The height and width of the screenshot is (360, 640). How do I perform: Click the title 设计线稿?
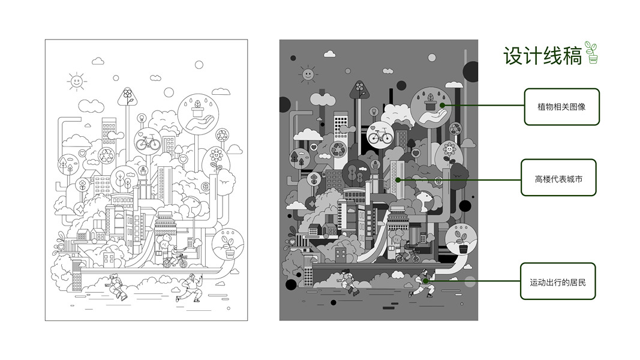point(542,56)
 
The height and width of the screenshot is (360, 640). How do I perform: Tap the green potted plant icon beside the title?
point(591,52)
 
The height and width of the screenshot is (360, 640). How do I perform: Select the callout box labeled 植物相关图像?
point(561,107)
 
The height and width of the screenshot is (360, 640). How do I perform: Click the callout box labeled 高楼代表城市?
point(558,178)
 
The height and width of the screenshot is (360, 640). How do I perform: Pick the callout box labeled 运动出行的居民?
point(558,281)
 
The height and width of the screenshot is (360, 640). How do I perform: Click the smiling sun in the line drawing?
point(76,81)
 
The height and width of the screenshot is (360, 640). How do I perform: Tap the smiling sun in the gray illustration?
point(308,74)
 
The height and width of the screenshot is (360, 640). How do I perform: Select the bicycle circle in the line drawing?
point(148,142)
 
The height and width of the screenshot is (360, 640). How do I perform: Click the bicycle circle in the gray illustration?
point(380,135)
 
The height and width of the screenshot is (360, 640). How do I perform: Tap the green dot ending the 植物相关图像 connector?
point(443,106)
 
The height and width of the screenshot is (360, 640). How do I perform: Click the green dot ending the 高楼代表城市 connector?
point(398,179)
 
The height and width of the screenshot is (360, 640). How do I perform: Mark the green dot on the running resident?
point(425,281)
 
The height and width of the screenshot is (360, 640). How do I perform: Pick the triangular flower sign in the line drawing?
point(127,97)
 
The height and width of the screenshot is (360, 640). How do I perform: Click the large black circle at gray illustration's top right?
point(471,71)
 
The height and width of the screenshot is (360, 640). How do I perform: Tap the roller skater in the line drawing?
point(116,286)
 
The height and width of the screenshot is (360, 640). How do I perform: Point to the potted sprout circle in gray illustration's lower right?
point(461,239)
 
